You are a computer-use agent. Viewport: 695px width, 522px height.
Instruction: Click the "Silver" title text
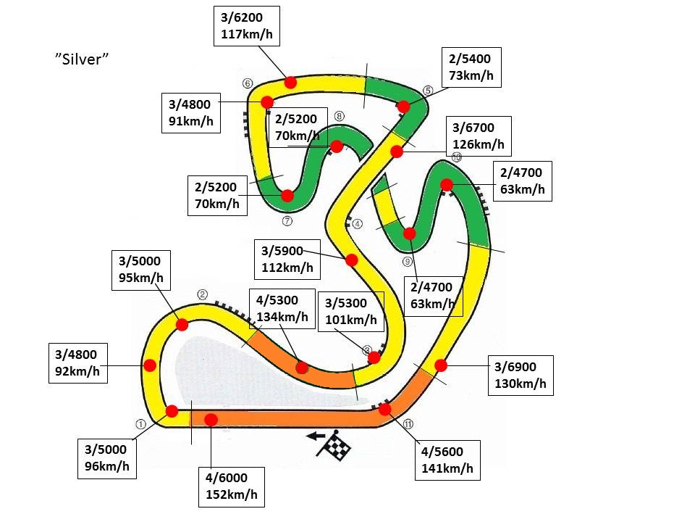(82, 59)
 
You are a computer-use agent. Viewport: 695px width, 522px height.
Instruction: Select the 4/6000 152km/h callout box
(232, 487)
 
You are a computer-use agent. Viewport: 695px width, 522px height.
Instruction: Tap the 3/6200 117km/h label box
(247, 26)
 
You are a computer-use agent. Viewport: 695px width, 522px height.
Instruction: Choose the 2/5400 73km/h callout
(471, 67)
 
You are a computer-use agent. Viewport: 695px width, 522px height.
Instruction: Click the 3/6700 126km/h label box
(479, 136)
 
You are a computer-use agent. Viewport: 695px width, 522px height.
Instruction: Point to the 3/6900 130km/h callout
(521, 376)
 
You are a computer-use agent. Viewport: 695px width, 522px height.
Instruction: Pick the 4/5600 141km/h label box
(447, 460)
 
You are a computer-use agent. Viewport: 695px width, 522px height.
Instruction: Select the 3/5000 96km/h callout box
(107, 458)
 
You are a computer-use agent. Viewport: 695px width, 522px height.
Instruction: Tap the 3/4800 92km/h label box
(78, 363)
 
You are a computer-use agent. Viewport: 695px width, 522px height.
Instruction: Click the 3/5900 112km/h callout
(287, 260)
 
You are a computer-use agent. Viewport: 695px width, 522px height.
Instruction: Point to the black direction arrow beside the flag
(316, 436)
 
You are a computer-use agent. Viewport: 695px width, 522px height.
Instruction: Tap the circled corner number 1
(140, 424)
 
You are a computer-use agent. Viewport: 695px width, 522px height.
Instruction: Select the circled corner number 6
(248, 83)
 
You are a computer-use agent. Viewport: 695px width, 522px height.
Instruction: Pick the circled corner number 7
(287, 220)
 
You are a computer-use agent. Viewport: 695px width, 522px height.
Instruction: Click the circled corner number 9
(408, 262)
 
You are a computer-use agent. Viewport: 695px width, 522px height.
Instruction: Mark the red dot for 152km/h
(211, 420)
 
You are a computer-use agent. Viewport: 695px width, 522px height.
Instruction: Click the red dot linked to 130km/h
(441, 365)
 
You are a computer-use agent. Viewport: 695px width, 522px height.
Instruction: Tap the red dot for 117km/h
(290, 82)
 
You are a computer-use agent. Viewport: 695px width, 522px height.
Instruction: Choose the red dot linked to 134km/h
(303, 368)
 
